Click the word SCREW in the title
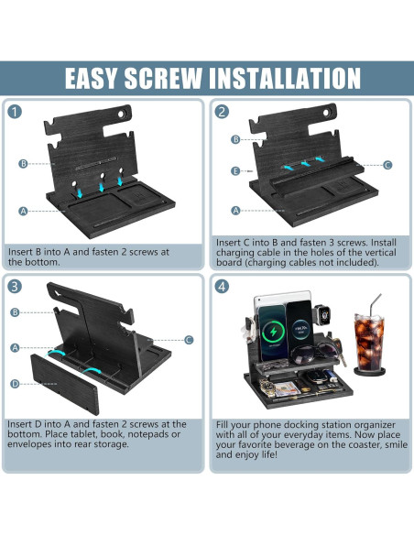(x=163, y=78)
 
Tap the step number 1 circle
(x=15, y=112)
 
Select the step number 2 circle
(x=222, y=111)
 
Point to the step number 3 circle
(x=15, y=286)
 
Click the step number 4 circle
(x=222, y=286)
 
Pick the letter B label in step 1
(x=23, y=163)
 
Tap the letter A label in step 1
(x=23, y=211)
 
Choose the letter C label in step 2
(x=387, y=165)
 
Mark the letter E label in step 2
(x=235, y=170)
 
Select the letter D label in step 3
(x=15, y=384)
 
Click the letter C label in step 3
(x=189, y=340)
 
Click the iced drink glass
(x=370, y=343)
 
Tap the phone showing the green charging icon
(x=272, y=333)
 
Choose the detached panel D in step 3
(x=64, y=384)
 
